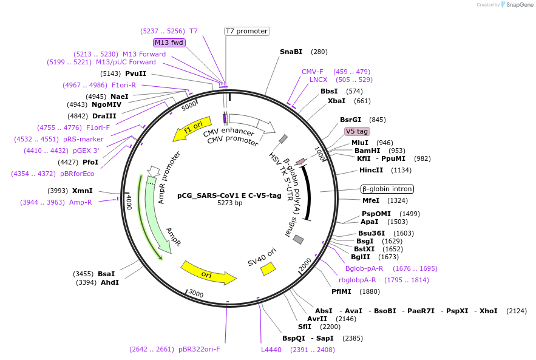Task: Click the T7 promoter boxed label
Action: coord(246,31)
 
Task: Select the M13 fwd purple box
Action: coord(169,42)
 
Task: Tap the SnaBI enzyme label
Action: coord(291,52)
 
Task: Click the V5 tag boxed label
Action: coord(356,131)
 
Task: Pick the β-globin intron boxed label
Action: coord(387,189)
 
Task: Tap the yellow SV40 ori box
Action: coord(268,268)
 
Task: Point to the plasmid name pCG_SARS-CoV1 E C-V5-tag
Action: coord(229,195)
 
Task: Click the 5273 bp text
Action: coord(229,203)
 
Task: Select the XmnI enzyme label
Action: coord(83,191)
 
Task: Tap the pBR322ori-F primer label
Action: coord(199,349)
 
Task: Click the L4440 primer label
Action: coord(271,350)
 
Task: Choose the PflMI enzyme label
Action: coord(343,291)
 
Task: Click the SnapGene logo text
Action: coord(520,4)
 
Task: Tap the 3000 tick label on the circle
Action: coord(195,294)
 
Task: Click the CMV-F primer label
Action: coord(313,72)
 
